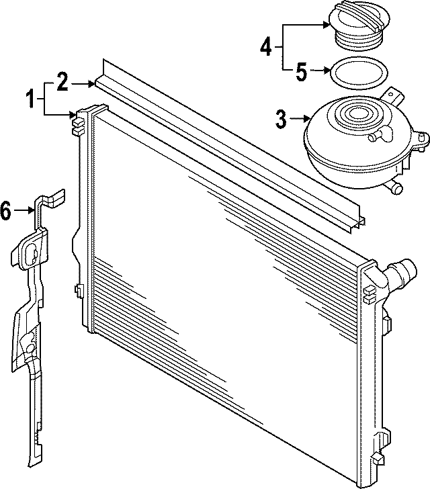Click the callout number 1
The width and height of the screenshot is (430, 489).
click(30, 100)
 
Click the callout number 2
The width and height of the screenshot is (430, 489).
click(62, 83)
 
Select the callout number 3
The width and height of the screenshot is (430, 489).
click(281, 120)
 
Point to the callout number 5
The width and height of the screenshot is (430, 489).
click(301, 69)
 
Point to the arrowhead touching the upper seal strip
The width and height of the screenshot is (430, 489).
click(93, 83)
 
